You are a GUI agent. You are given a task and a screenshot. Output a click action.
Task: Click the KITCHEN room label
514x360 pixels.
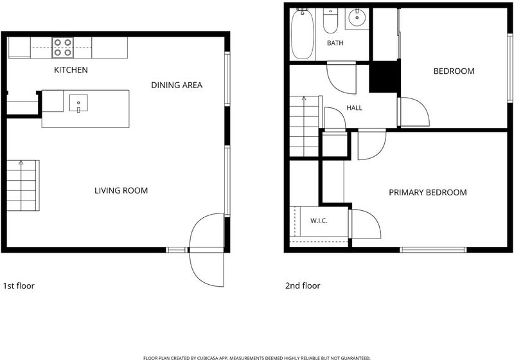coord(71,70)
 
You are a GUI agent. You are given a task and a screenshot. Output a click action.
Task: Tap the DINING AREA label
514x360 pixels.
coord(177,85)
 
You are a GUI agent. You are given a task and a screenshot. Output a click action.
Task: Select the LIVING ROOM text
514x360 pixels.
coord(121,190)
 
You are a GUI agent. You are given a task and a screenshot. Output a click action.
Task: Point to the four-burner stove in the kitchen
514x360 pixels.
coord(62,48)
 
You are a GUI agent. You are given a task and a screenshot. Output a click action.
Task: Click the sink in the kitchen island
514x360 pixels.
coord(78,103)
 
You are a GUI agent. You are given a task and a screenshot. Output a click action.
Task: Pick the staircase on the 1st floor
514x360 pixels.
coord(23,185)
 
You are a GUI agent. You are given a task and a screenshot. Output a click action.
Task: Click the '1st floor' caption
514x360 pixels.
coord(19,286)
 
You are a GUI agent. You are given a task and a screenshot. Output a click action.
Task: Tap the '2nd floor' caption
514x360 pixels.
coord(303,286)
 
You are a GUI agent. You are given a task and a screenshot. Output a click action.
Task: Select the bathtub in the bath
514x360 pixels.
coord(303,34)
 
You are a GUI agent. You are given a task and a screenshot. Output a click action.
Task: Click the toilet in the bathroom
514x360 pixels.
coord(330,21)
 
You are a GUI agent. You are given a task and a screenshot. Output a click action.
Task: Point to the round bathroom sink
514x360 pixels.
coord(357,17)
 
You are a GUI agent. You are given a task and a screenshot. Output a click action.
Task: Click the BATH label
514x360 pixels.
coord(335,43)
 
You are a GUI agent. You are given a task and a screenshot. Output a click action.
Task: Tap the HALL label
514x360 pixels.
coord(355,108)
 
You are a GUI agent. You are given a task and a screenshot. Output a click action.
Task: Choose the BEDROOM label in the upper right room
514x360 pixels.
coord(454,71)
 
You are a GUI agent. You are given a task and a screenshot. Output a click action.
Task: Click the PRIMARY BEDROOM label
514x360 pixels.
coord(428,192)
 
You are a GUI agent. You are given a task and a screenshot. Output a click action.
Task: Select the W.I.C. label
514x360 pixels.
coord(319,221)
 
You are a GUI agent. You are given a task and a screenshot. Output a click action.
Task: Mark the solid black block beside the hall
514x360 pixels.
coord(385,76)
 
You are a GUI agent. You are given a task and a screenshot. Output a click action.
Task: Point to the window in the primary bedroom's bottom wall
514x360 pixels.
coord(433,250)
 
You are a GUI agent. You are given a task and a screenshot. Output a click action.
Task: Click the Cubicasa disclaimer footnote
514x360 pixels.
coord(256,357)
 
